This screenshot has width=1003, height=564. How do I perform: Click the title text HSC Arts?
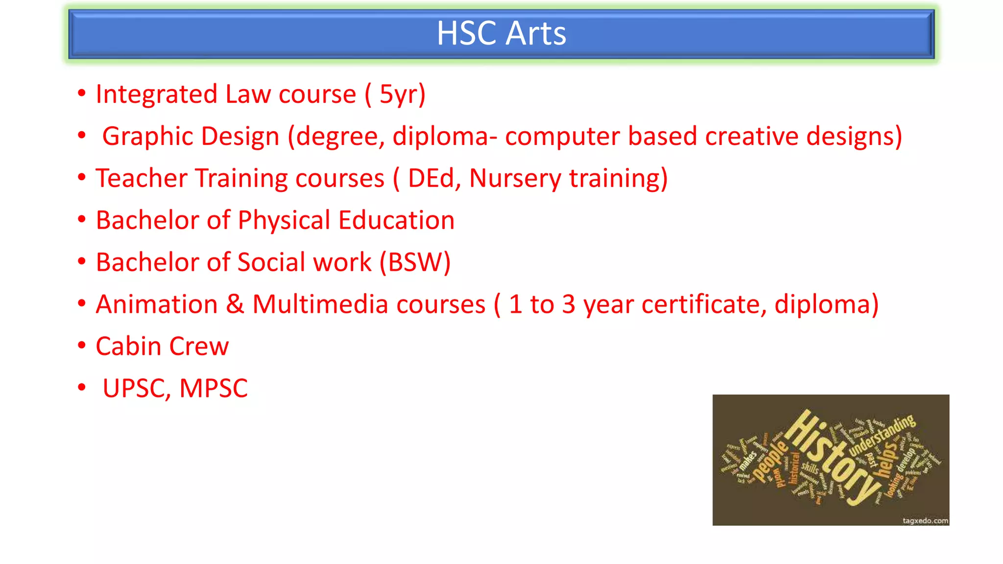501,33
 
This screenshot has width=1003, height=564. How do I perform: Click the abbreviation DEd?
431,178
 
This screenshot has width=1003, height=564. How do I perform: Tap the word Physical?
284,221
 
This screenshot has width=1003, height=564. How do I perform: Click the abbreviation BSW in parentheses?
415,262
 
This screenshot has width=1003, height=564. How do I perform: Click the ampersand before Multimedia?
235,305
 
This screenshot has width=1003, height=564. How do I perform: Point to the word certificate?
704,305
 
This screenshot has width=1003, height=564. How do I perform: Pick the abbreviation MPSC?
214,389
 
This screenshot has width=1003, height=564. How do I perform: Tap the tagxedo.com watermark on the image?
925,520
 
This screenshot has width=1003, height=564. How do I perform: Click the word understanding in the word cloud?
882,435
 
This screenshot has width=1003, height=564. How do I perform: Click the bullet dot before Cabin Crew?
82,346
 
